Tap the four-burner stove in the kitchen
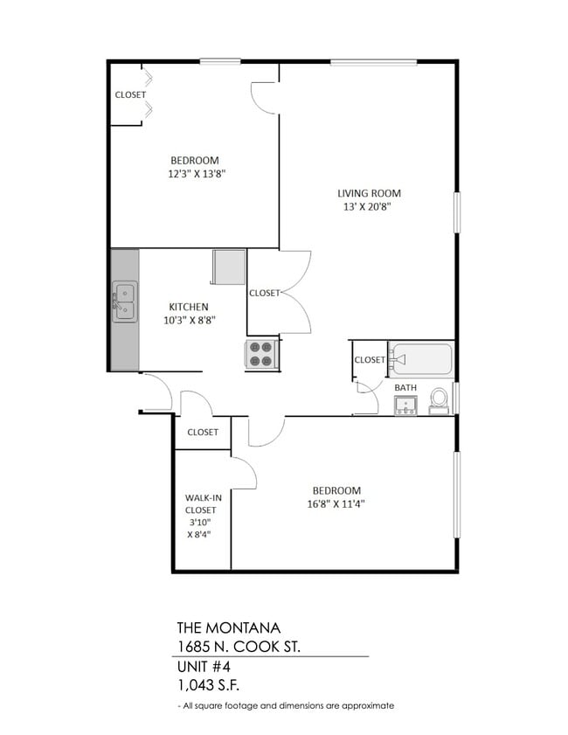pyautogui.click(x=261, y=354)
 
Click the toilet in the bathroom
pyautogui.click(x=439, y=399)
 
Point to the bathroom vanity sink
pyautogui.click(x=405, y=404)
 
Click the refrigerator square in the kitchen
pyautogui.click(x=230, y=267)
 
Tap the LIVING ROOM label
pyautogui.click(x=369, y=193)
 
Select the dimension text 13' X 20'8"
pyautogui.click(x=367, y=207)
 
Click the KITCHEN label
pyautogui.click(x=188, y=307)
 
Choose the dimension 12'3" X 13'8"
pyautogui.click(x=194, y=174)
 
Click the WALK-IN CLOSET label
pyautogui.click(x=202, y=504)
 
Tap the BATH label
pyautogui.click(x=405, y=387)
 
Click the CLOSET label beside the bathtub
pyautogui.click(x=369, y=360)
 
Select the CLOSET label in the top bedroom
pyautogui.click(x=130, y=94)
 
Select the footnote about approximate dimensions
pyautogui.click(x=286, y=705)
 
